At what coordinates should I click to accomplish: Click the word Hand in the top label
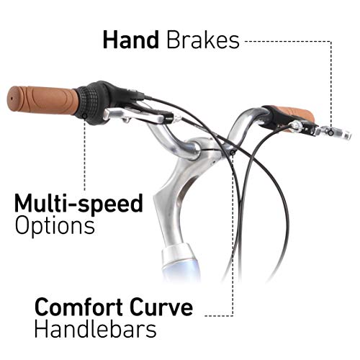point(131,40)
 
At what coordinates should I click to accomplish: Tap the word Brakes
point(203,40)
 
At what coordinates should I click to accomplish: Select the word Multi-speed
point(78,204)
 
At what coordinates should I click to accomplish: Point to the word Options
point(55,226)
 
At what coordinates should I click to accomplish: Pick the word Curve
point(161,307)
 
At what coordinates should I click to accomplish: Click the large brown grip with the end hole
point(42,100)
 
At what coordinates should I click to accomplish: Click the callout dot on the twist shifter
point(84,117)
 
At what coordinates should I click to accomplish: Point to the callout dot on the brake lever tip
point(331,132)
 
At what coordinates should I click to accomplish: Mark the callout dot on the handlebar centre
point(233,153)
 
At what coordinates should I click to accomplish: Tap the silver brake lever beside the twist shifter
point(135,115)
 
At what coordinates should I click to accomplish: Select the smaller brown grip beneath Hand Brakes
point(297,114)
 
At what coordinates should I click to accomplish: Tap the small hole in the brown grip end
point(11,99)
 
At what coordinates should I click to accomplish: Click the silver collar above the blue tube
point(176,254)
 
